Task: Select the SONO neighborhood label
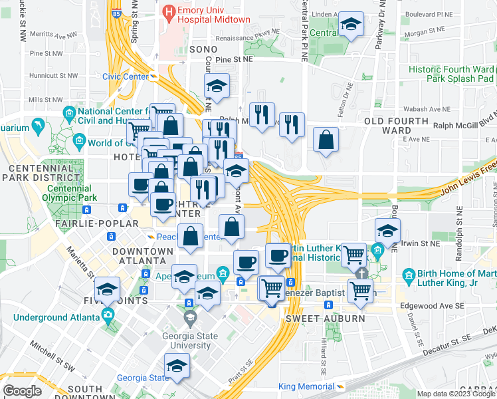coord(203,49)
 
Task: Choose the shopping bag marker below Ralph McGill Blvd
coord(326,140)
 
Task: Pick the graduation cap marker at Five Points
coord(107,290)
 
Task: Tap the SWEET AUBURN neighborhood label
coord(316,319)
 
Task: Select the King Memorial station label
coord(306,386)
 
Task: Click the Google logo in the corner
coord(23,391)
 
